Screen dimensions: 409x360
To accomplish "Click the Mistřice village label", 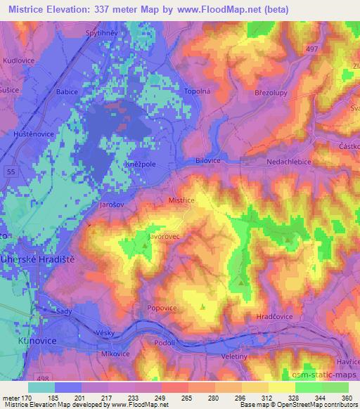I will coord(181,200).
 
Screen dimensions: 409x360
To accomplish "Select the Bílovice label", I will coord(208,161).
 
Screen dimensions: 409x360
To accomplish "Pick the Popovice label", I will coord(161,308).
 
